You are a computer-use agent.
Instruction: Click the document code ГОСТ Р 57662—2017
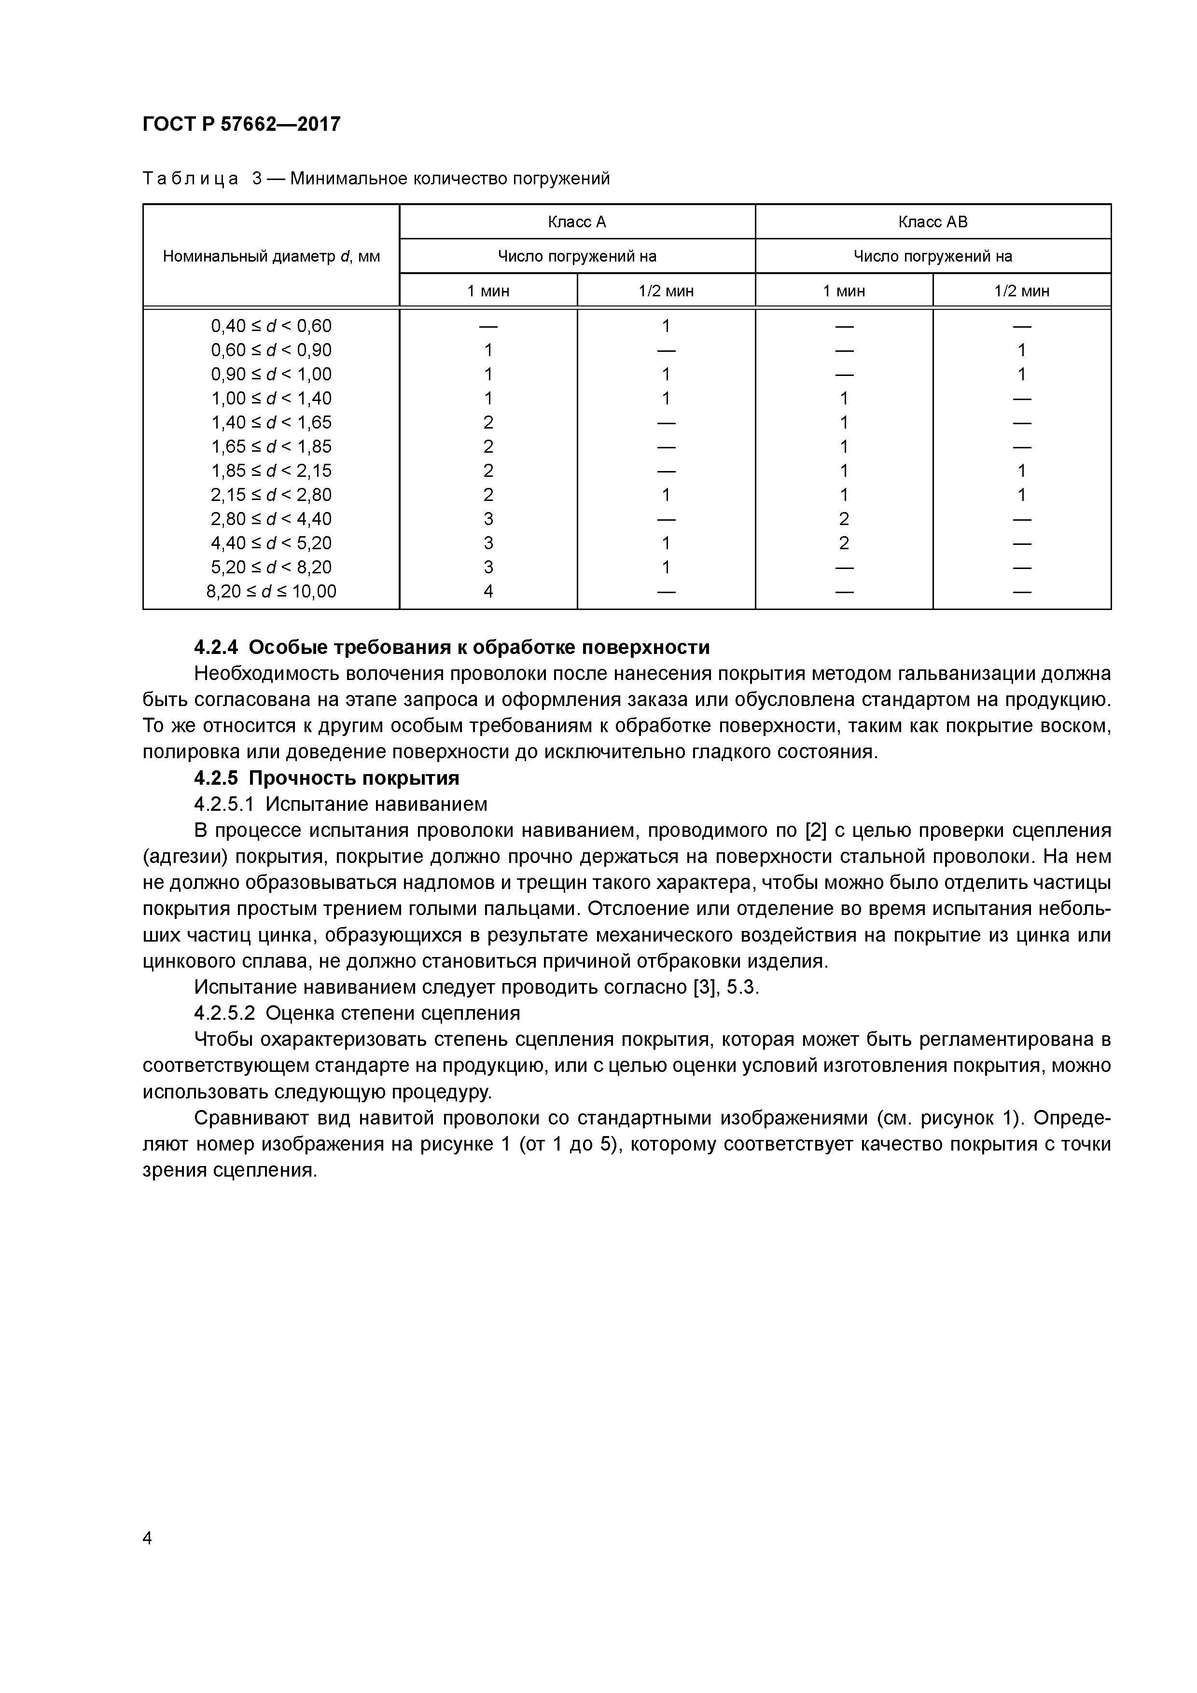(x=241, y=124)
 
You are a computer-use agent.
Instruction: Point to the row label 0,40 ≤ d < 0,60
(x=271, y=326)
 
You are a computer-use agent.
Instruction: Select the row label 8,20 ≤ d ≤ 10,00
(x=271, y=591)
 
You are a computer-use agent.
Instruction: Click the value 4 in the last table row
(x=488, y=591)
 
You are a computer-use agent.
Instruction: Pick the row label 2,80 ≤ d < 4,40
(x=271, y=519)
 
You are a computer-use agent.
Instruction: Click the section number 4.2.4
(x=216, y=647)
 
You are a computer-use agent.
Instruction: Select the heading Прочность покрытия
(x=354, y=778)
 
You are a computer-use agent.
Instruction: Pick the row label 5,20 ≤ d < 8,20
(x=271, y=567)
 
